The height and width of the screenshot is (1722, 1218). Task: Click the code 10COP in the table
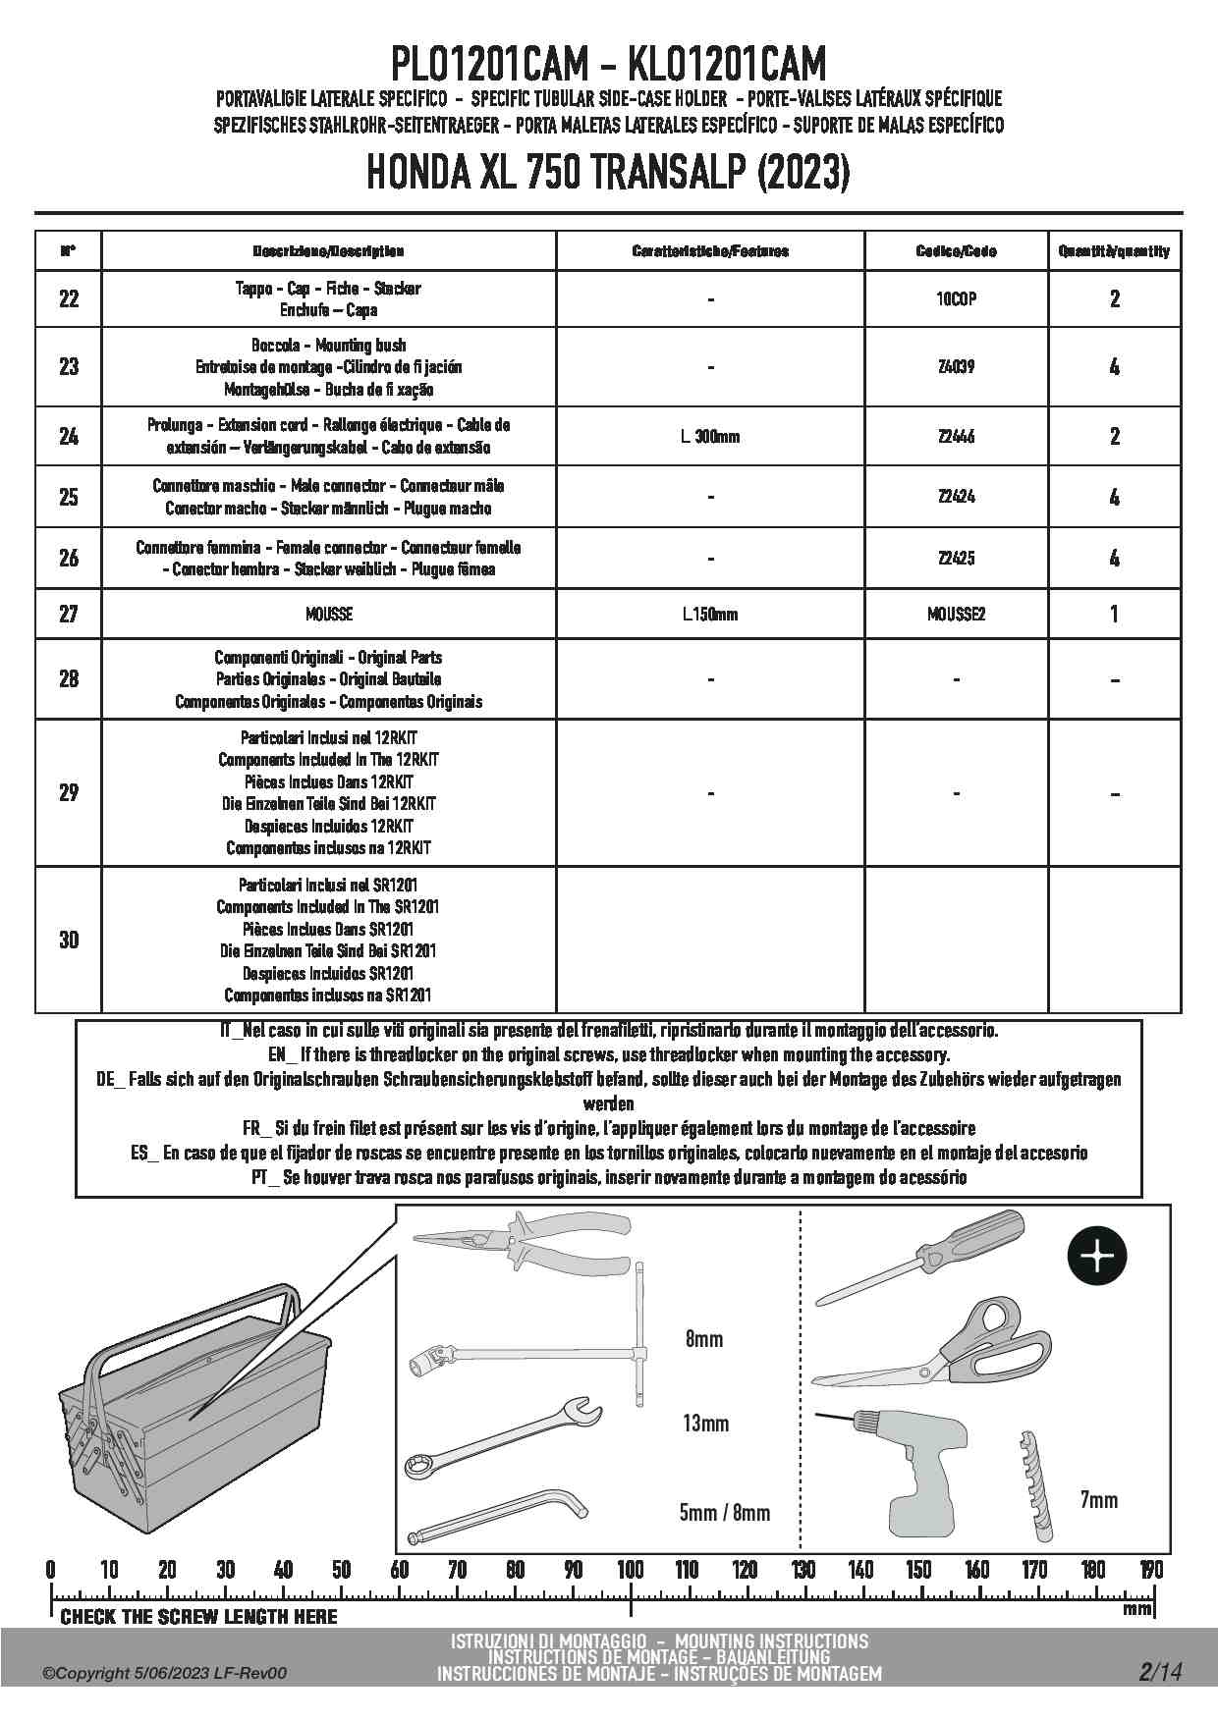(x=956, y=299)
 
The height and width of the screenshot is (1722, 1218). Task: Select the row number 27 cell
(x=69, y=614)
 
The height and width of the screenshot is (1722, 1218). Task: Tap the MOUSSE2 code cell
(x=956, y=615)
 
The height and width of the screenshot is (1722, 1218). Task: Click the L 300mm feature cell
(x=710, y=436)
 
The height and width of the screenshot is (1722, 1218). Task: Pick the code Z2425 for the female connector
(x=956, y=558)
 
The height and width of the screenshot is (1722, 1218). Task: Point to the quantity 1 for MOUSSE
(x=1114, y=615)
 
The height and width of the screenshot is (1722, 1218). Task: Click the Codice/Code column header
(x=956, y=251)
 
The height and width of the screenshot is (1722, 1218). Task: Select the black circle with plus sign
(x=1097, y=1257)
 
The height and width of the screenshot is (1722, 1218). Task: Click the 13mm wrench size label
(x=705, y=1424)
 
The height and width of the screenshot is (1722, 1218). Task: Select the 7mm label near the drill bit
(x=1098, y=1500)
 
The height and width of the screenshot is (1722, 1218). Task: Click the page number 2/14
(x=1160, y=1671)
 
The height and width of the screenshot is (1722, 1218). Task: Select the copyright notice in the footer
(x=165, y=1673)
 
